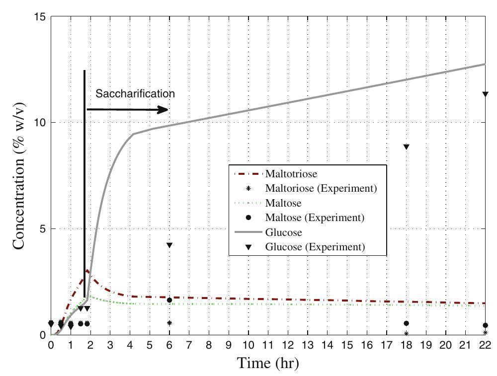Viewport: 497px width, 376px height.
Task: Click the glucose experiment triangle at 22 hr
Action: (x=486, y=94)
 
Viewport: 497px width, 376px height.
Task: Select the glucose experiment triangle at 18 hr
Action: (x=406, y=147)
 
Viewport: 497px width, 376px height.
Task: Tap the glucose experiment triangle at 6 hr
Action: (x=169, y=245)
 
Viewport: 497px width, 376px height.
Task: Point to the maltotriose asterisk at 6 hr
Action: (x=169, y=323)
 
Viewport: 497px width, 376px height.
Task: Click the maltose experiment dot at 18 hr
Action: (x=406, y=323)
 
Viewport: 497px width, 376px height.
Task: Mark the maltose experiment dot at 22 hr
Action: (x=486, y=325)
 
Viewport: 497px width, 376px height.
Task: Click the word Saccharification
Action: (x=135, y=93)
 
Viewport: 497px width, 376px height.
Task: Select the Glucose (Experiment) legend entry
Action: (x=315, y=247)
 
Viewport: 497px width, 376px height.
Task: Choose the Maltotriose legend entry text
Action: (x=291, y=174)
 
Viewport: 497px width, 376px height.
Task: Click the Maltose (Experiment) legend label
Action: (x=315, y=218)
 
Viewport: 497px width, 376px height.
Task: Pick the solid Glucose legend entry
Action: (x=284, y=232)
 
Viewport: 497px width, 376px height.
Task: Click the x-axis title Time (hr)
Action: (x=268, y=363)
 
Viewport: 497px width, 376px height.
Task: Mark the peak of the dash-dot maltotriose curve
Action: (x=87, y=270)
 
